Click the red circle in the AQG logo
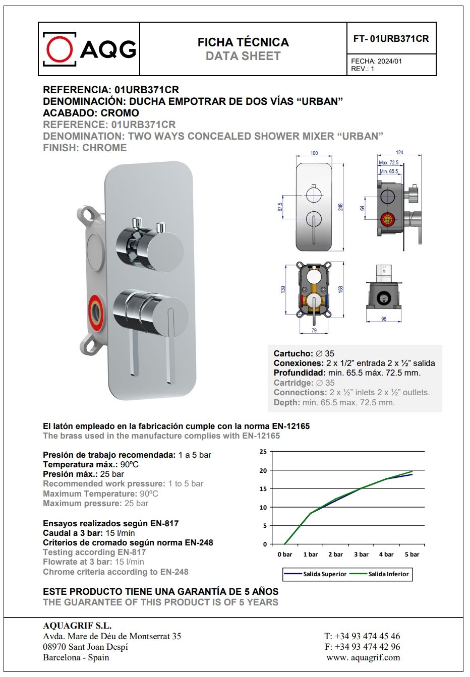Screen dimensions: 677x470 60,49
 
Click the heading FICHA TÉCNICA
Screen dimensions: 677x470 243,42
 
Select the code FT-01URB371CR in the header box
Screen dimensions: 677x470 391,38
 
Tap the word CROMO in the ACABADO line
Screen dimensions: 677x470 120,113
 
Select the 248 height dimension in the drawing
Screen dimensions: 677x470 341,207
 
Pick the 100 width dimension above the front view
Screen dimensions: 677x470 314,153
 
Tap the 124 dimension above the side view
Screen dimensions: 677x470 399,152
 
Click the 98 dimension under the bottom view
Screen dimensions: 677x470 384,319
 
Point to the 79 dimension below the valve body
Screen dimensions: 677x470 314,331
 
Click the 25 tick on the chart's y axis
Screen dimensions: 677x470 263,452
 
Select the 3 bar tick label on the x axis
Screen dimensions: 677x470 361,555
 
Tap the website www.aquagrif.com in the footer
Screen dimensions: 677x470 363,657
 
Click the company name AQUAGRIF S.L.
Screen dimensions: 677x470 77,626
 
